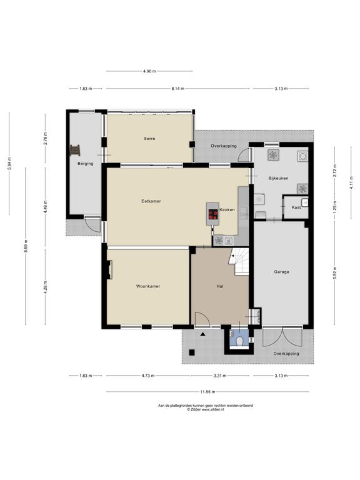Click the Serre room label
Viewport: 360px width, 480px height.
(149, 139)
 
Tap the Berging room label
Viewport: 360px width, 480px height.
(86, 164)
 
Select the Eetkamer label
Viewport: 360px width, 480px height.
(151, 201)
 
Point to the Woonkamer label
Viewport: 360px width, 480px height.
(148, 286)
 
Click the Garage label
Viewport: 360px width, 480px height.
(281, 272)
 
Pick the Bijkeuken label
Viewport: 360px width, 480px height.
(278, 178)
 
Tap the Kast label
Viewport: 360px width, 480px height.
(296, 207)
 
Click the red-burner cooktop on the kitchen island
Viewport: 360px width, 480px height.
(213, 214)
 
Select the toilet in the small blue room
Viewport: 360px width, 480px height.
(240, 341)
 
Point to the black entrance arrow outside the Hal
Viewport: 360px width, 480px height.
(202, 334)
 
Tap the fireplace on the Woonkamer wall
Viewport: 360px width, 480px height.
(109, 270)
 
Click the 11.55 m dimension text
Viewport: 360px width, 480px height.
(207, 392)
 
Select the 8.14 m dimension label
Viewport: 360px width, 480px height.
(177, 89)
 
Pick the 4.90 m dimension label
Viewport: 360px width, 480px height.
(149, 71)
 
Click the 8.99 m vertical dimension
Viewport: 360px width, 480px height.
(26, 246)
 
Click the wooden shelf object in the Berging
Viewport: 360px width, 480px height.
(75, 150)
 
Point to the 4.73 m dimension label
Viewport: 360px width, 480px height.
(148, 376)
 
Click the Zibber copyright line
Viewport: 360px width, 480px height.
(206, 409)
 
